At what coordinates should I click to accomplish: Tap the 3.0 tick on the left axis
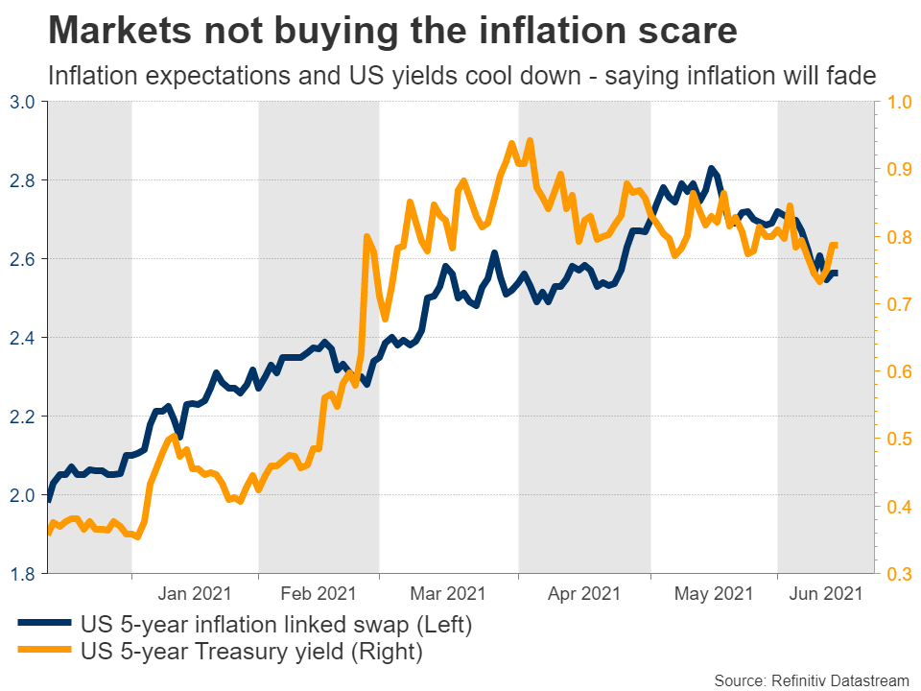tap(23, 101)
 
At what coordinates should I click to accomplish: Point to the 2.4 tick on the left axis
tap(23, 338)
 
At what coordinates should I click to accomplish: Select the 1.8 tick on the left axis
tap(23, 574)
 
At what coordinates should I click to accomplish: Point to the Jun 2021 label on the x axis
tap(827, 594)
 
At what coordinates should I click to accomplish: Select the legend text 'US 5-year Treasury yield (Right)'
tap(252, 653)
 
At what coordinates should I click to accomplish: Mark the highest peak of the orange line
tap(530, 140)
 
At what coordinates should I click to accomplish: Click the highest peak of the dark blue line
tap(711, 169)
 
